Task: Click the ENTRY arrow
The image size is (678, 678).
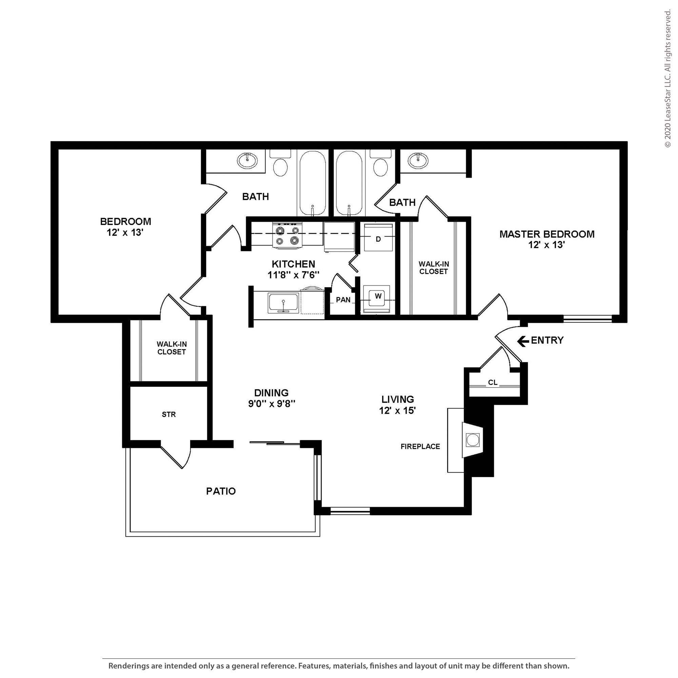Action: click(x=523, y=341)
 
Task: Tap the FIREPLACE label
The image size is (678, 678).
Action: click(x=420, y=446)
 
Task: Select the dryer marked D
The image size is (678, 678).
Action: click(x=378, y=237)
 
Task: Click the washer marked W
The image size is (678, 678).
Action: click(x=377, y=299)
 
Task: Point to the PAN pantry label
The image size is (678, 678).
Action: click(x=343, y=300)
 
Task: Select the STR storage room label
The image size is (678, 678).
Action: click(x=169, y=415)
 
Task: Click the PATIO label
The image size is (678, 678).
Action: click(x=221, y=491)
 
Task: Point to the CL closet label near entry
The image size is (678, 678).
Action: click(x=493, y=382)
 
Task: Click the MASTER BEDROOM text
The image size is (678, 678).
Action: click(x=547, y=234)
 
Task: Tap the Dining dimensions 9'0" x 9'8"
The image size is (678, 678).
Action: click(x=272, y=404)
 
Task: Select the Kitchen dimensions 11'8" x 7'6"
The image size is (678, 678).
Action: click(x=293, y=275)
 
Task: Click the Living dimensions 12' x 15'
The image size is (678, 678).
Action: click(x=397, y=410)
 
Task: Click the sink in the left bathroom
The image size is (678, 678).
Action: click(x=247, y=160)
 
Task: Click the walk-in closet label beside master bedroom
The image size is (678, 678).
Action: click(x=434, y=268)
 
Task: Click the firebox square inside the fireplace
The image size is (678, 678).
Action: click(x=472, y=440)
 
